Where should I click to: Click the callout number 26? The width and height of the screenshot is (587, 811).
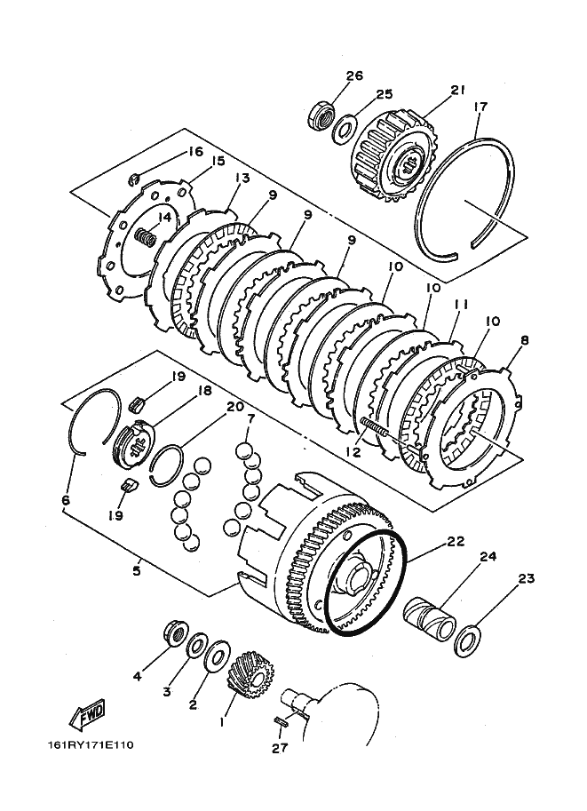[x=354, y=76]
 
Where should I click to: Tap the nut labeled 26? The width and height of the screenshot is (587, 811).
[x=321, y=115]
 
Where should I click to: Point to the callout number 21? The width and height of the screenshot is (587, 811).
[x=457, y=90]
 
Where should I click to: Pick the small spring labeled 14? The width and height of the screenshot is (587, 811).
[x=146, y=238]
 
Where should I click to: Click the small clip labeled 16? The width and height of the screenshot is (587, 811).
[x=133, y=180]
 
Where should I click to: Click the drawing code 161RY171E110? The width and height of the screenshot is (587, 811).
[x=91, y=745]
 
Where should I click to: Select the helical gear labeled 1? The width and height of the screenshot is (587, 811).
[x=250, y=674]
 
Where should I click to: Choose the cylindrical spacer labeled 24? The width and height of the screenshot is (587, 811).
[x=429, y=617]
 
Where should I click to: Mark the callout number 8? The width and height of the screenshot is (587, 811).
[x=525, y=340]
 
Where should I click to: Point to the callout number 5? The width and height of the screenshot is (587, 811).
[x=137, y=571]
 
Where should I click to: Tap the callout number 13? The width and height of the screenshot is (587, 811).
[x=242, y=179]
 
